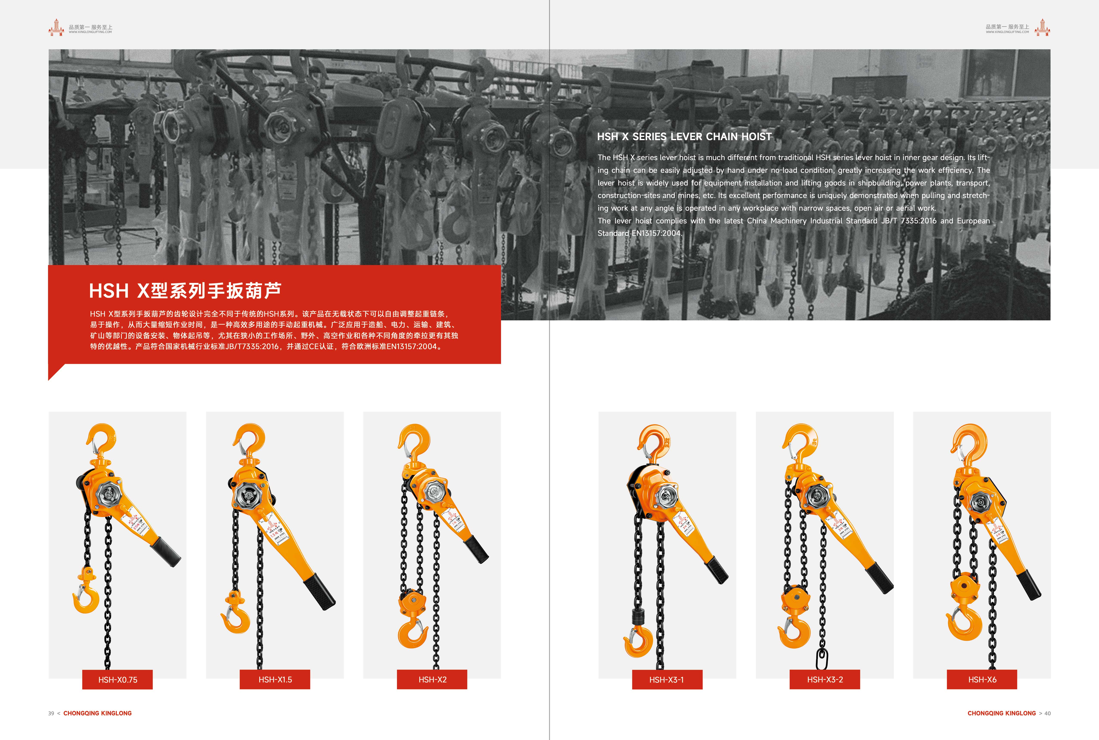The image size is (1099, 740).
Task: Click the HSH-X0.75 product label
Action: coord(118,679)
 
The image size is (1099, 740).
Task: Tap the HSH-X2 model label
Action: coord(432,679)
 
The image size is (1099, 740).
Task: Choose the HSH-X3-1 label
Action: coord(667,679)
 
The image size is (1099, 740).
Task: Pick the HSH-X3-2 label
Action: coord(825,679)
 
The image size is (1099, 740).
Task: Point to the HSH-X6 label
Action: coord(982,679)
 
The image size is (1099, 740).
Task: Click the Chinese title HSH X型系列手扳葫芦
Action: coord(185,291)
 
